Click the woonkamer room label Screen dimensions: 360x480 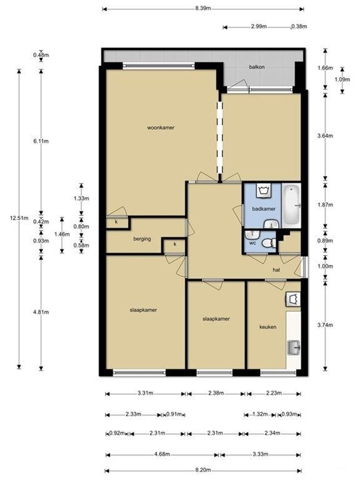point(161,127)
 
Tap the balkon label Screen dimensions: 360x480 point(256,67)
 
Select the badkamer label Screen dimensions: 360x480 point(264,209)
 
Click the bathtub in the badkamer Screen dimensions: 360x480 point(291,206)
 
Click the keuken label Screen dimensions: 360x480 point(268,327)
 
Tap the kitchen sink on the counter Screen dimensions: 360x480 point(294,347)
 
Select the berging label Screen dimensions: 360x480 point(142,239)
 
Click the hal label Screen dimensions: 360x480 point(276,270)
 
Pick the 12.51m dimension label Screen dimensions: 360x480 point(19,218)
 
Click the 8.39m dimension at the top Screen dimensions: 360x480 point(203,8)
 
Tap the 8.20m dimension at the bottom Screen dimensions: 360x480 point(203,470)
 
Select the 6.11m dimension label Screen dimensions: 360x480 point(41,141)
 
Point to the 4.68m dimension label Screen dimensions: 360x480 point(162,454)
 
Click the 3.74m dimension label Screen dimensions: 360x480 point(325,325)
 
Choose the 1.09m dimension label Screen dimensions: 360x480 point(342,79)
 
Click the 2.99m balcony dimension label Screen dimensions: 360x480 point(259,26)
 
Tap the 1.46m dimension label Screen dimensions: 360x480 point(62,234)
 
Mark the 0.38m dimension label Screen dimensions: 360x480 point(299,26)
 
